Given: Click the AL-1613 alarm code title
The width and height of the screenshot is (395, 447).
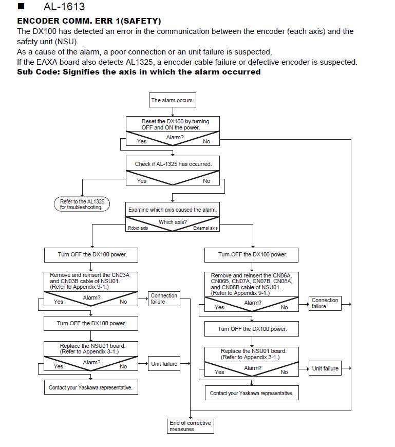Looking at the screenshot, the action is coord(64,7).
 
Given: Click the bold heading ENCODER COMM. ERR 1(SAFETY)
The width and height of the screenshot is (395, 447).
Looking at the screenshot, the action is coord(89,21).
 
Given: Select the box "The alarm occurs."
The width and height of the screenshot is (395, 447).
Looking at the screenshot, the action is coord(173,100).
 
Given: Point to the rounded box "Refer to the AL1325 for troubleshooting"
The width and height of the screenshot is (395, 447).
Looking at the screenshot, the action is coord(82,204).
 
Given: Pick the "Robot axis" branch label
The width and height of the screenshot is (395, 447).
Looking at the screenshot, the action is coord(138,228).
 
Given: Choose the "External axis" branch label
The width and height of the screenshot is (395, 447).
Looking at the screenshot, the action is coord(205,228).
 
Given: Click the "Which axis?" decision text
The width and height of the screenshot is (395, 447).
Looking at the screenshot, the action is coord(173,222).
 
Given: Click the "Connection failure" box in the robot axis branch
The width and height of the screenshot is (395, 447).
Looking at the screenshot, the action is coord(164,299).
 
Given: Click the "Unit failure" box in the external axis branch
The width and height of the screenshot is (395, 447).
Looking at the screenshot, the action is coord(325,368).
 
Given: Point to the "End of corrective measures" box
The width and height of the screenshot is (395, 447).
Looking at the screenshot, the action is coord(191,426).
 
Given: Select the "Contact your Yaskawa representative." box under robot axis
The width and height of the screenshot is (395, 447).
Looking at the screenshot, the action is coord(91,387).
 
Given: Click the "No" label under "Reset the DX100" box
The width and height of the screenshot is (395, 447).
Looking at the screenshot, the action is coord(206,141).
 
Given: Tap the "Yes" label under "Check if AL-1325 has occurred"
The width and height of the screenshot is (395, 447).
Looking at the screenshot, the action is coord(142,181).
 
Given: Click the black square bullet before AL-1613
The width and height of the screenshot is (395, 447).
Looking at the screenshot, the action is coord(21,6).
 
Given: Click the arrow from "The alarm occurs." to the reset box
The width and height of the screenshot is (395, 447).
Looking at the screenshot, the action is coord(173,112).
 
